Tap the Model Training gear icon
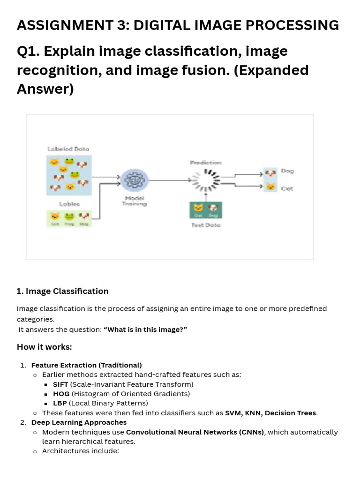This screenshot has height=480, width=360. tap(135, 180)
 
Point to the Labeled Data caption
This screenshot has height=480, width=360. tap(68, 149)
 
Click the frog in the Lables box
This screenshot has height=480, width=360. tap(69, 216)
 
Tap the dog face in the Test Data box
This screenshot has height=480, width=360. tap(213, 208)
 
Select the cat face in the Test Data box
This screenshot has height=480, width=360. tap(199, 208)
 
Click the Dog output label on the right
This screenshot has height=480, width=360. tap(287, 171)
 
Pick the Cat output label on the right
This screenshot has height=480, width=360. tap(287, 188)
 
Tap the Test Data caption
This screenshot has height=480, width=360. tap(206, 225)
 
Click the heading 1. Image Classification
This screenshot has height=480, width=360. tap(62, 291)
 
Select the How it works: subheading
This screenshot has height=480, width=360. tap(44, 347)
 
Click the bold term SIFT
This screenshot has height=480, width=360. tap(60, 384)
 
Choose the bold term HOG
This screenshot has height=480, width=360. tap(61, 394)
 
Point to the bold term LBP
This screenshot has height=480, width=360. tap(60, 403)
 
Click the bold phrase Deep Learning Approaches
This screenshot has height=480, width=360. tap(79, 422)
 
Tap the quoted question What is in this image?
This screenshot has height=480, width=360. tap(145, 330)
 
